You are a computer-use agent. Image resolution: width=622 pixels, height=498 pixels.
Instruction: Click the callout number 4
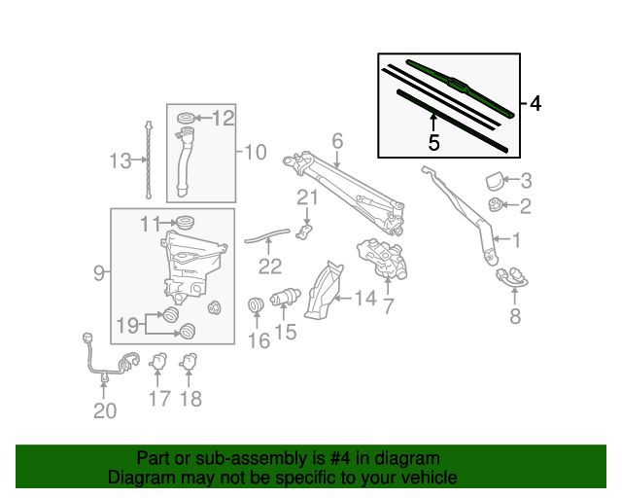[x=536, y=104]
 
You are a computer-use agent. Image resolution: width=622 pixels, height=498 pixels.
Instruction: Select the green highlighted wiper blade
[x=460, y=88]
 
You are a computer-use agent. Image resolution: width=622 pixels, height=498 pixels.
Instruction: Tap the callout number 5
[x=433, y=143]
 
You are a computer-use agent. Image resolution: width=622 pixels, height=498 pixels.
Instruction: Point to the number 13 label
[x=120, y=161]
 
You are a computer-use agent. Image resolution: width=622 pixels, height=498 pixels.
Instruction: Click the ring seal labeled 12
[x=186, y=119]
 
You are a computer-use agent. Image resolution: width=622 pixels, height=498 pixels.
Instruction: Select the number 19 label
[x=127, y=326]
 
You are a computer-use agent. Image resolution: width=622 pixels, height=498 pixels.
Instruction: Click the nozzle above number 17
[x=157, y=361]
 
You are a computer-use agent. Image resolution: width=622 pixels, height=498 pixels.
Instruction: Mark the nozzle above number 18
[x=189, y=362]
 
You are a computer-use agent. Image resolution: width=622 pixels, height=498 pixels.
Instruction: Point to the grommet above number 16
[x=256, y=304]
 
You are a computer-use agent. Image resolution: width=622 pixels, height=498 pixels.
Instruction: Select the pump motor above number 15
[x=286, y=297]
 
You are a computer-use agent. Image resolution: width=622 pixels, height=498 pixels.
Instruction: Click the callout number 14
[x=365, y=299]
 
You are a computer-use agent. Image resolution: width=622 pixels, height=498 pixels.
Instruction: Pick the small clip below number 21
[x=304, y=231]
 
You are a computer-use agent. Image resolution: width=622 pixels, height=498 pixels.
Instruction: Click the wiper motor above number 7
[x=382, y=258]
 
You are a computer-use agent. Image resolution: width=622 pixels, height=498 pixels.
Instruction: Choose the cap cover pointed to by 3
[x=495, y=181]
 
